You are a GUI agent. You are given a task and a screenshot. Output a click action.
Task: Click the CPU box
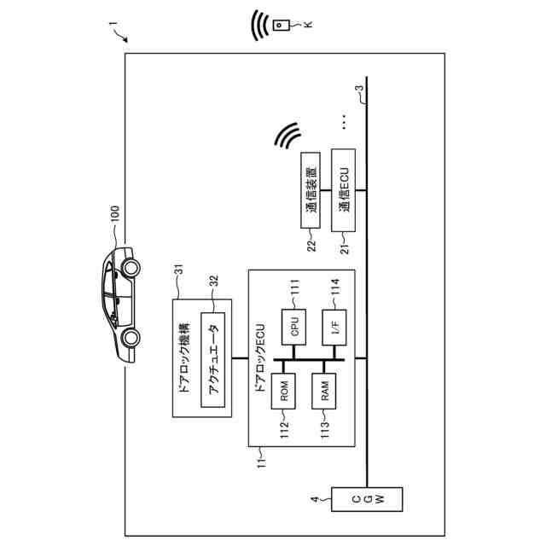pyautogui.click(x=293, y=328)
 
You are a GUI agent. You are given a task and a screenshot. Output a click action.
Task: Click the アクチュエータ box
pyautogui.click(x=214, y=360)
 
